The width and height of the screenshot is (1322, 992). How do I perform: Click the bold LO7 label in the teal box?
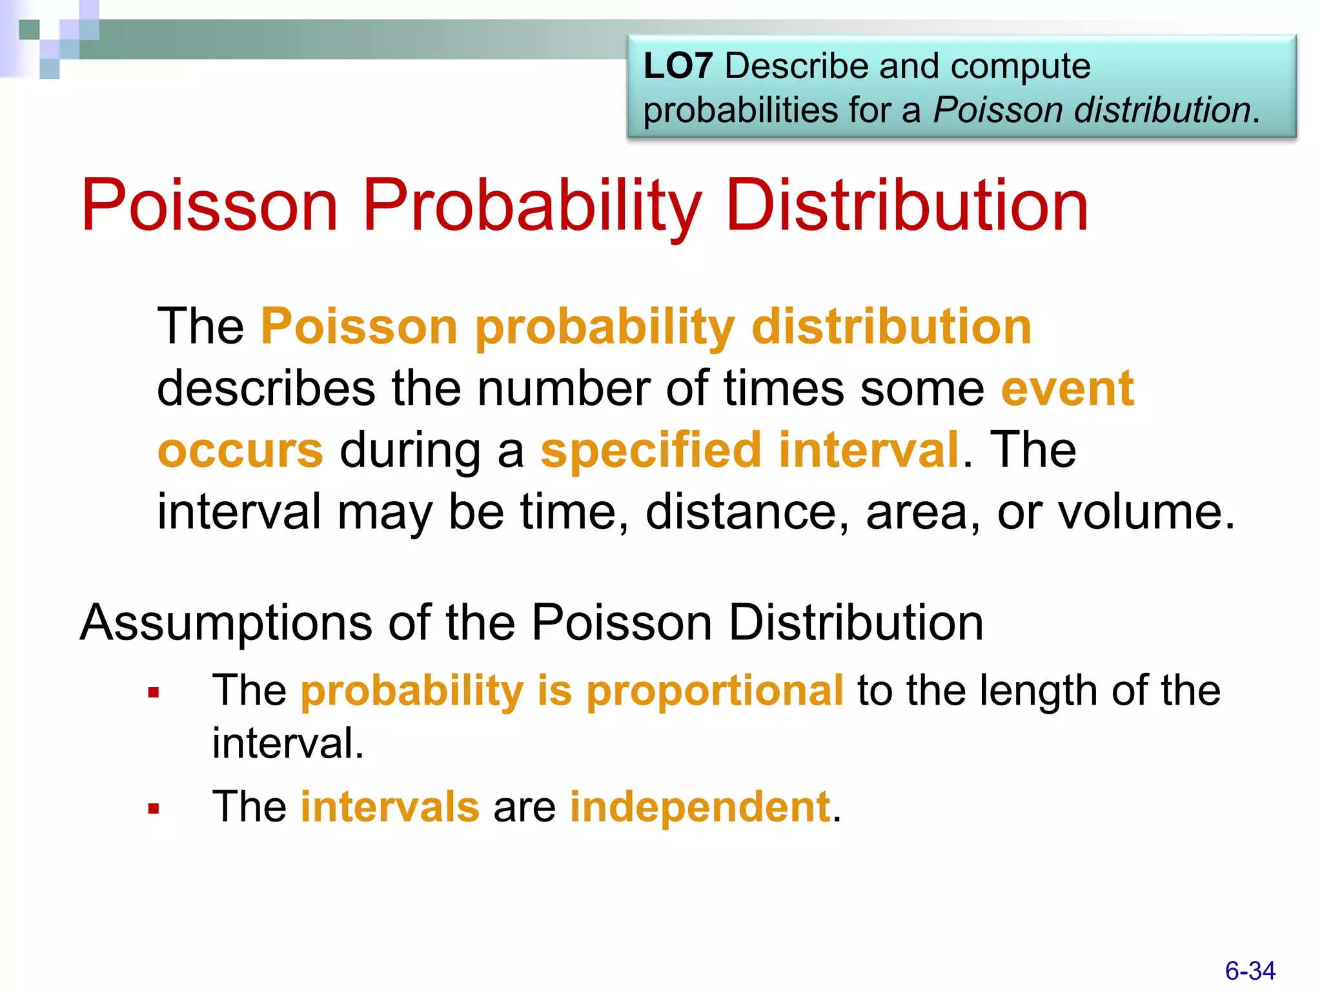(x=678, y=67)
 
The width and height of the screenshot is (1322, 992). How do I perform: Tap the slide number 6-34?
(x=1250, y=971)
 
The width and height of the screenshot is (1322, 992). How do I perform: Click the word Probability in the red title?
(x=531, y=206)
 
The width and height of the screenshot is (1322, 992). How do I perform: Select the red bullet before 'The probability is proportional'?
(x=154, y=694)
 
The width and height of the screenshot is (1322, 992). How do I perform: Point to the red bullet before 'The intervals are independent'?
(x=154, y=809)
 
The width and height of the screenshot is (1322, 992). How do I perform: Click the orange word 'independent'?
(x=700, y=807)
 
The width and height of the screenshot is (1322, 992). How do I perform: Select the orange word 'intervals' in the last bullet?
(x=390, y=807)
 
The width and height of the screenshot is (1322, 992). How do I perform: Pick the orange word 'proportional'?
(x=715, y=691)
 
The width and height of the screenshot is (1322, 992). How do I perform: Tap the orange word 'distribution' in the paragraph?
(x=891, y=327)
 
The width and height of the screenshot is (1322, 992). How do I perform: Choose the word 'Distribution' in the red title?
(x=907, y=206)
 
